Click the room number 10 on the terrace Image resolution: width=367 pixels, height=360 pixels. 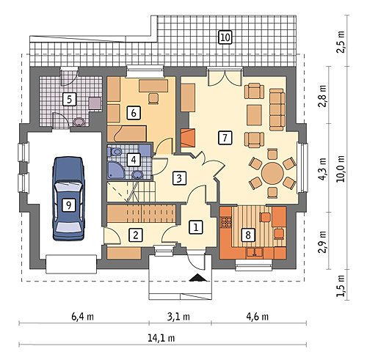(x=225, y=37)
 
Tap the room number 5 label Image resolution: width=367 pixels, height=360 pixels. (x=70, y=100)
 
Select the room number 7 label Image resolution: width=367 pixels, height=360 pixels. (x=225, y=137)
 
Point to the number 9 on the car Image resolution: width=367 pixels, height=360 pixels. (x=68, y=205)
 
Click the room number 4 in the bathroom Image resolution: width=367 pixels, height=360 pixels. (x=134, y=160)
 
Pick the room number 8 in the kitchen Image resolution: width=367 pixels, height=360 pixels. (x=248, y=235)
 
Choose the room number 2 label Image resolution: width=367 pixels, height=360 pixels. (x=136, y=235)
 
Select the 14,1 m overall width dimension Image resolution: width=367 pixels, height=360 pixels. (x=161, y=338)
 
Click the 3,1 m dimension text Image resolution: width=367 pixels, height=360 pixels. (x=179, y=317)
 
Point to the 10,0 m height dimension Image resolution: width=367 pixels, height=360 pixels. (x=341, y=169)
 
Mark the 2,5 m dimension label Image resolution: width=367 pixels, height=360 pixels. (x=341, y=42)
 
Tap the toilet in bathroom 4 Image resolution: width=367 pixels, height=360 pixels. (x=116, y=152)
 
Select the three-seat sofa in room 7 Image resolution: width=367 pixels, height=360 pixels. (x=277, y=109)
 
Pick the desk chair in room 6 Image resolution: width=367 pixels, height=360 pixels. (x=153, y=98)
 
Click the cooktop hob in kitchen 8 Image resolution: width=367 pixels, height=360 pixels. (x=226, y=221)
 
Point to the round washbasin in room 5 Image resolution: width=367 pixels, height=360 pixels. (x=79, y=122)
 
